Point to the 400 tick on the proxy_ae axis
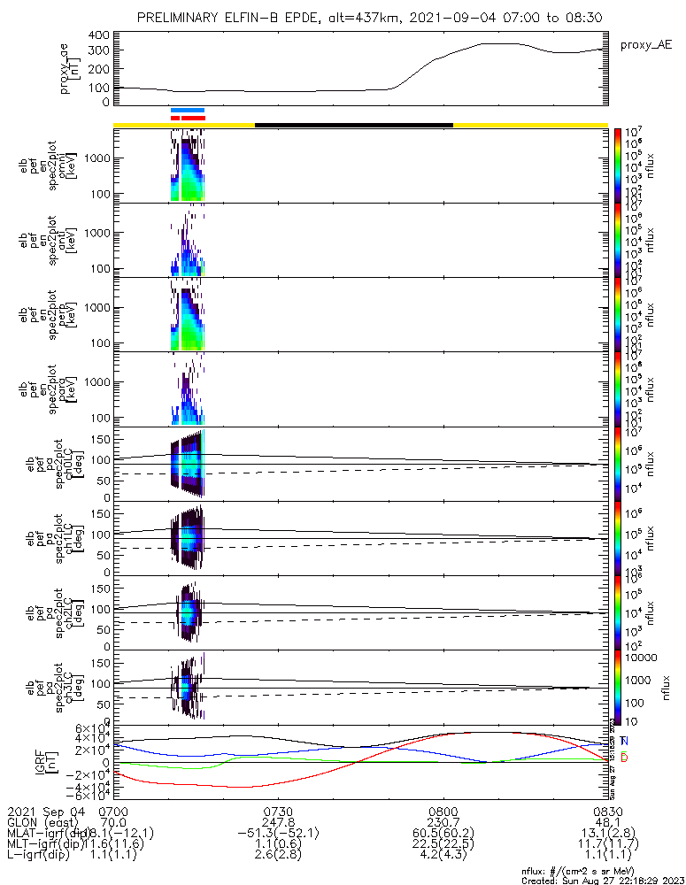pyautogui.click(x=99, y=35)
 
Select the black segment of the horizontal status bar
pyautogui.click(x=354, y=125)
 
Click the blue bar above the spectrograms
pyautogui.click(x=188, y=111)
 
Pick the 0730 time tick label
pyautogui.click(x=278, y=811)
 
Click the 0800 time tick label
pyautogui.click(x=443, y=811)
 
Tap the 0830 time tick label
pyautogui.click(x=607, y=811)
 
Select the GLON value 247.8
pyautogui.click(x=278, y=822)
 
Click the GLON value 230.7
pyautogui.click(x=443, y=822)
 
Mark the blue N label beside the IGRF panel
pyautogui.click(x=624, y=741)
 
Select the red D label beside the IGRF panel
pyautogui.click(x=624, y=758)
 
